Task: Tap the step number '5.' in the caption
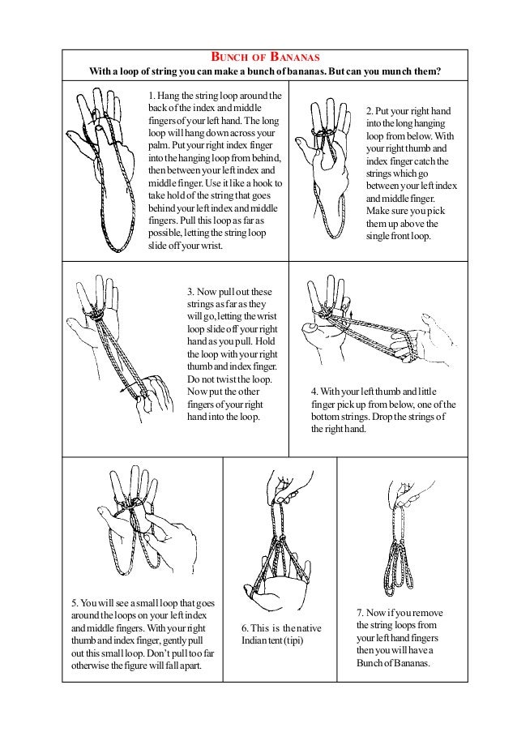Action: [75, 603]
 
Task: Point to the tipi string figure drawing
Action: [280, 551]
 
